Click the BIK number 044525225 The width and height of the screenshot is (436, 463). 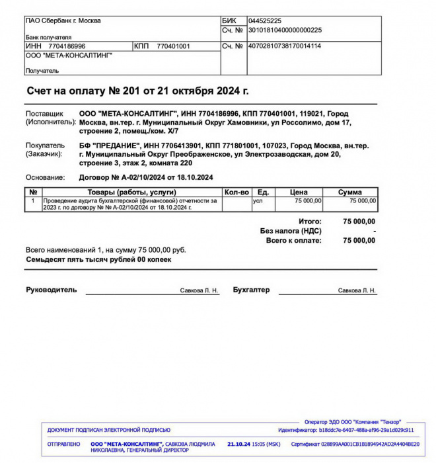point(264,21)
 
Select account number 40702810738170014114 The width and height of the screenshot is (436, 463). point(284,46)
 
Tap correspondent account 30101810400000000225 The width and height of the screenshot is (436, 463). point(285,30)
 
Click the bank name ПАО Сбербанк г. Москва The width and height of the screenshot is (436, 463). point(63,21)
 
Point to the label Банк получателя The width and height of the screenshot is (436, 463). point(48,38)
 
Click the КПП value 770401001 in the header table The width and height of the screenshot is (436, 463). point(173,46)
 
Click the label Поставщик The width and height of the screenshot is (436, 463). point(44,114)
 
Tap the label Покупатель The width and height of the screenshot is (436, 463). point(45,145)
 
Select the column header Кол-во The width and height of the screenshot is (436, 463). point(236,192)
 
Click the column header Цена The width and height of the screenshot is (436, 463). point(299,192)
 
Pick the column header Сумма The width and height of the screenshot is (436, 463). point(349,192)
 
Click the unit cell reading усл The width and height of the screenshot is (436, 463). point(258,200)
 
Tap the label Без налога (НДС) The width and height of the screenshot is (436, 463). point(291,231)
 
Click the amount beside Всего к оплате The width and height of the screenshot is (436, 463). point(359,240)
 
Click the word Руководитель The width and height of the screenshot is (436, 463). point(52,290)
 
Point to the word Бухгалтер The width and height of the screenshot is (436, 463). point(251,290)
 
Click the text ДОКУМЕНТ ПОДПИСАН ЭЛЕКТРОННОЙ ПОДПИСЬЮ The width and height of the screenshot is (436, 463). point(109,430)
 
